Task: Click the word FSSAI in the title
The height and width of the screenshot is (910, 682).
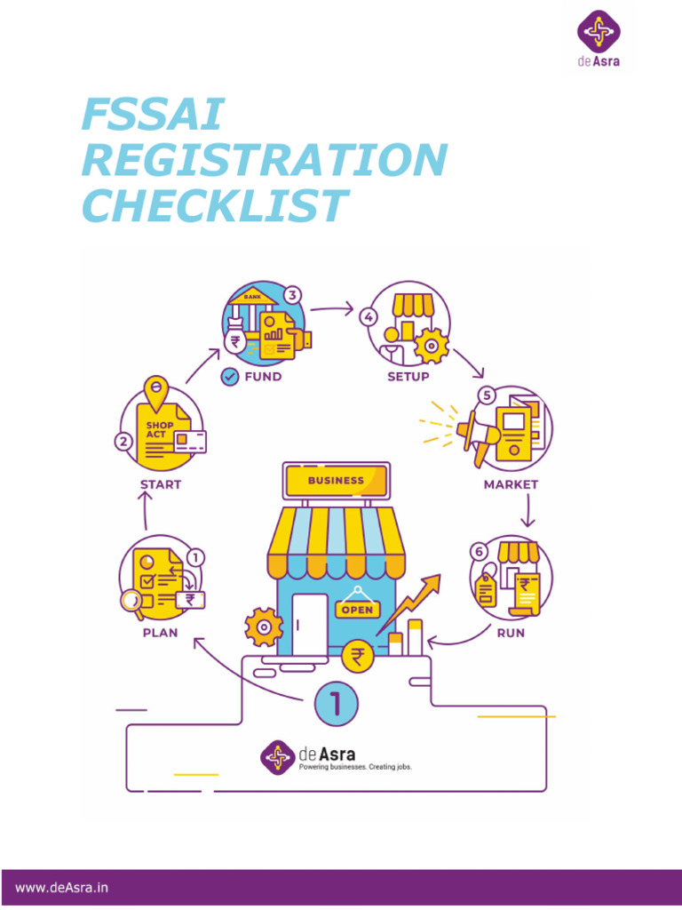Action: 152,116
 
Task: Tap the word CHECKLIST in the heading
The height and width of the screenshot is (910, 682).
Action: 213,206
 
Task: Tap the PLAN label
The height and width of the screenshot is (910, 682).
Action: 161,634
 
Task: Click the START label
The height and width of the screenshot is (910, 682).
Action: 161,484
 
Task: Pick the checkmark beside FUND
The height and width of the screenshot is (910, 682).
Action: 229,376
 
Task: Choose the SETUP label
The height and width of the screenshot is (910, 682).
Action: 408,376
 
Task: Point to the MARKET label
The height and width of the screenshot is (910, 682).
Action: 511,485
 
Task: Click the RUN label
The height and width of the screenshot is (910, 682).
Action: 511,634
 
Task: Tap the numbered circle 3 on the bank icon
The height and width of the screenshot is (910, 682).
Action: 293,295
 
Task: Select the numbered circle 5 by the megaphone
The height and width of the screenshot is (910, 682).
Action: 485,395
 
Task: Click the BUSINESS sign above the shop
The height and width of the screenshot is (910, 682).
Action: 336,480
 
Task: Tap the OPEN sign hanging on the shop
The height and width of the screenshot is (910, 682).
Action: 357,610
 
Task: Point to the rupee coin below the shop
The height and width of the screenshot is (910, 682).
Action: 358,657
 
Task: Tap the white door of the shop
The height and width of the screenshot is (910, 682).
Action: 310,622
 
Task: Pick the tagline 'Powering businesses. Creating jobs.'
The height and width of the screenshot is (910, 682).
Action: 354,766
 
